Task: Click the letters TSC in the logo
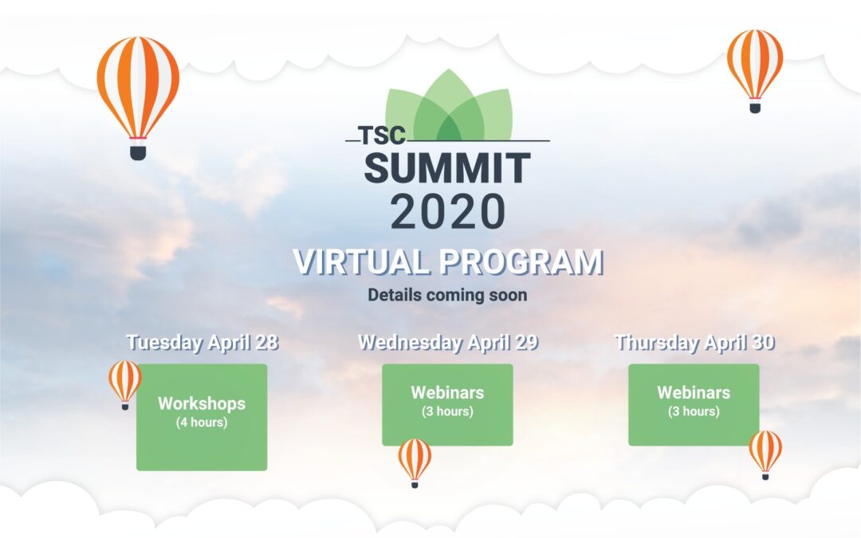coord(382,135)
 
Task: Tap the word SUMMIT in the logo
coord(447,168)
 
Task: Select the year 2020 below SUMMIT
coord(447,211)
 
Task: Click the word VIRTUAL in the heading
coord(361,261)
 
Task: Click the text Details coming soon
coord(447,296)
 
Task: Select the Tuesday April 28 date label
coord(202,342)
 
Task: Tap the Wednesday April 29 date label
coord(448,342)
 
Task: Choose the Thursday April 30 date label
coord(694,342)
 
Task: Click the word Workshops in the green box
coord(202,403)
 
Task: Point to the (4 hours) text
coord(202,422)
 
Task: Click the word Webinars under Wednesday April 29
coord(447,392)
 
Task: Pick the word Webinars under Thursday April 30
coord(694,392)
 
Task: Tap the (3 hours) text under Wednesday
coord(447,411)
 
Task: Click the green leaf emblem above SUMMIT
coord(449,105)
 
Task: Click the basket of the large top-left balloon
coord(138,152)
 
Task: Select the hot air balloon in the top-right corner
coord(755,71)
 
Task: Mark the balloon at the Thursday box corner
coord(765,454)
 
